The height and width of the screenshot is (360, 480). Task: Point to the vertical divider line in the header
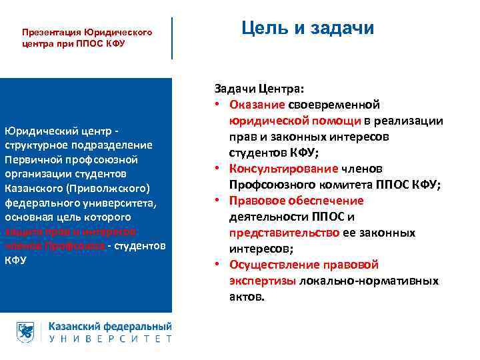pyautogui.click(x=172, y=38)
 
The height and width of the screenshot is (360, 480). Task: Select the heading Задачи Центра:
pyautogui.click(x=259, y=89)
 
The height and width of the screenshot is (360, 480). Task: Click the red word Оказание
pyautogui.click(x=257, y=105)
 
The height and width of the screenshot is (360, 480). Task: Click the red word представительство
pyautogui.click(x=284, y=233)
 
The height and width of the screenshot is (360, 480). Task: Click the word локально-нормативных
pyautogui.click(x=369, y=281)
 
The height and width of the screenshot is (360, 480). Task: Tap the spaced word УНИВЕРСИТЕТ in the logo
pyautogui.click(x=111, y=339)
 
